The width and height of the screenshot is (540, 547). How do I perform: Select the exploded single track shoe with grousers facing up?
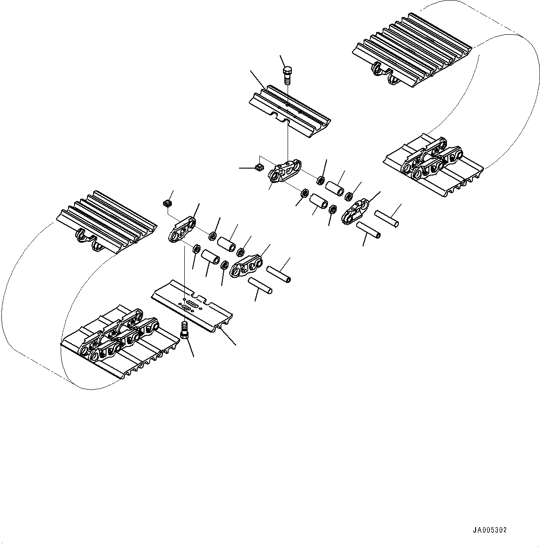click(x=289, y=111)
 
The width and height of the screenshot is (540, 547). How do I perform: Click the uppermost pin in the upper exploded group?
click(x=387, y=218)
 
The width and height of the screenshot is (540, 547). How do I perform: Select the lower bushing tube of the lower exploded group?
click(x=210, y=257)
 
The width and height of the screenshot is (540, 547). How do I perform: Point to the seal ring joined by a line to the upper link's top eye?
click(x=320, y=180)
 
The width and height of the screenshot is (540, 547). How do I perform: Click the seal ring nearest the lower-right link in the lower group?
click(x=224, y=265)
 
